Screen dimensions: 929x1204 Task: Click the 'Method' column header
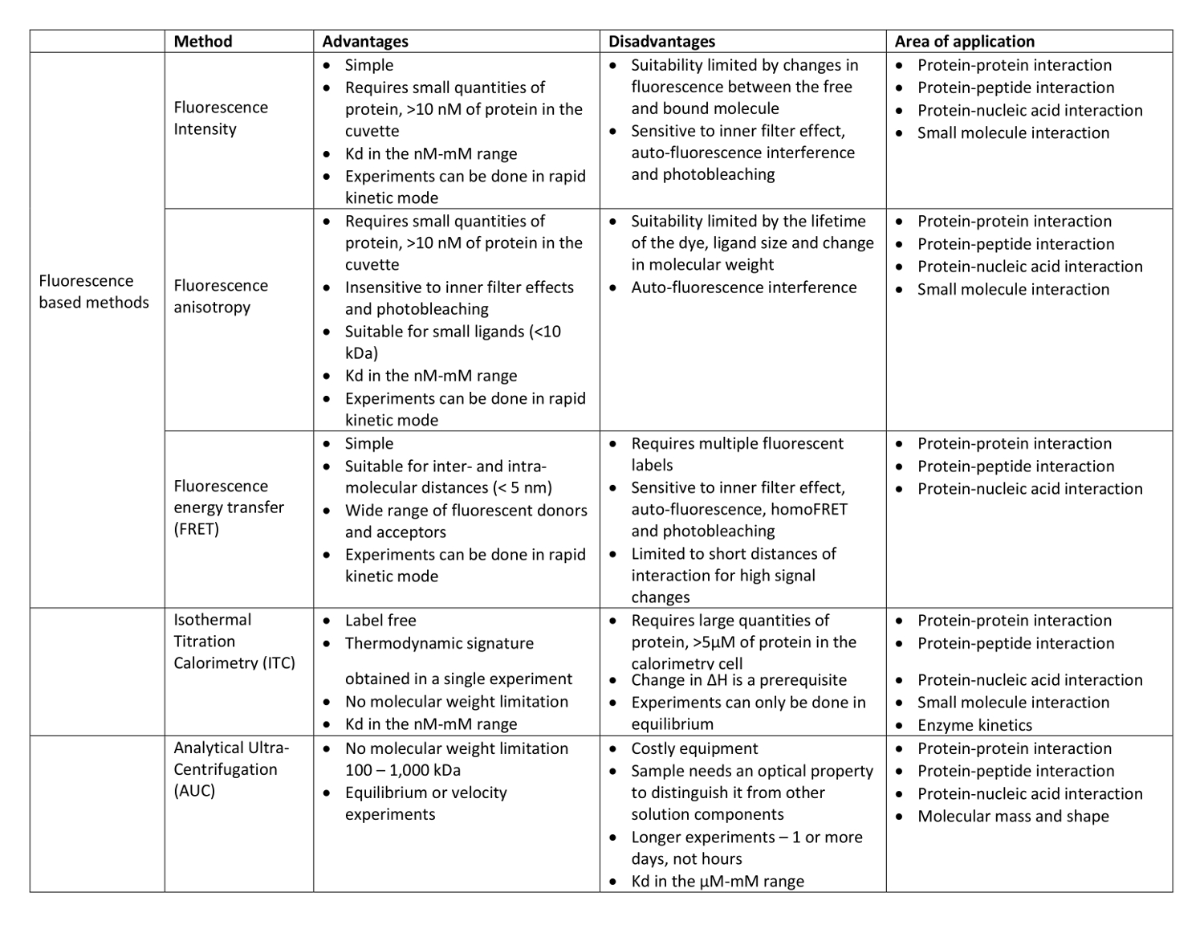[x=203, y=42]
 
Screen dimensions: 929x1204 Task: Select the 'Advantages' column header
[x=365, y=42]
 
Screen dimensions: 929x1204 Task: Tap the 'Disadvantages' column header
[x=661, y=42]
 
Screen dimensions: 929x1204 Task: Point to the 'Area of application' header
[x=964, y=42]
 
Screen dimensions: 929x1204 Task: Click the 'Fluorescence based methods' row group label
[x=94, y=291]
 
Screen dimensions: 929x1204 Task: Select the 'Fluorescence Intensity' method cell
[x=221, y=118]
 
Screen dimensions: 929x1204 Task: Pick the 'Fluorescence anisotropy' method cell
[x=221, y=296]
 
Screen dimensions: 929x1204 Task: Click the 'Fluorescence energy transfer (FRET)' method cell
[x=229, y=507]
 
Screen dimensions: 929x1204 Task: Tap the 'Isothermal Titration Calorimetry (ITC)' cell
[x=234, y=641]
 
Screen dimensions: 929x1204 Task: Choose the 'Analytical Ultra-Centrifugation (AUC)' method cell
[x=231, y=769]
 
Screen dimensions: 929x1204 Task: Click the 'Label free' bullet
[x=380, y=621]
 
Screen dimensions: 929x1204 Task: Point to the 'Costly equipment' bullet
[x=694, y=748]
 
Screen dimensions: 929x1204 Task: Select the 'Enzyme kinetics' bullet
[x=974, y=725]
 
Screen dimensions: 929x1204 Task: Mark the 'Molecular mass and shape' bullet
[x=1013, y=817]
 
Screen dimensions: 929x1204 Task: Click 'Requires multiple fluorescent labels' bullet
[x=737, y=454]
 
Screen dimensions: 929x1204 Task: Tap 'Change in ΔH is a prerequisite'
[x=738, y=680]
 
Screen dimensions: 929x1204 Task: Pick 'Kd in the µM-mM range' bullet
[x=717, y=882]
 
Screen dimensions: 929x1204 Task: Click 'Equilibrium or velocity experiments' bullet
[x=425, y=804]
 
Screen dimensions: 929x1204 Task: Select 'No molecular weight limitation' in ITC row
[x=456, y=702]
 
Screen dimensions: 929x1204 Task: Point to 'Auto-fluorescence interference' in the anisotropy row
[x=743, y=287]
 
